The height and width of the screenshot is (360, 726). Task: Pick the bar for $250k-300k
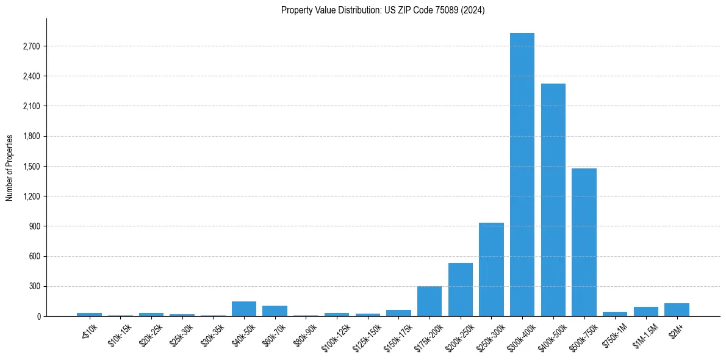click(491, 269)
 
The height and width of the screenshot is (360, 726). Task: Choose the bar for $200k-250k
click(461, 289)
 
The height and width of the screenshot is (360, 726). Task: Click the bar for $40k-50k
click(244, 309)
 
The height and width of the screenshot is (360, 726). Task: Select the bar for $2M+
click(677, 309)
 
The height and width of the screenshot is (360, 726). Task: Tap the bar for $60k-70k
click(275, 311)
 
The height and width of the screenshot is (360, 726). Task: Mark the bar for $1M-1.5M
click(646, 311)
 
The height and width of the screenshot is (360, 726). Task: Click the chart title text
click(383, 10)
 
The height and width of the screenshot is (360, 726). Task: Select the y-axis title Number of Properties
click(10, 167)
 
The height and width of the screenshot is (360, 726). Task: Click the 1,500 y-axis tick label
click(31, 167)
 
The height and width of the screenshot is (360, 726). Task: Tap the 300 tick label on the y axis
click(34, 286)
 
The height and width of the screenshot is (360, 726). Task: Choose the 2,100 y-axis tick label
click(31, 106)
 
